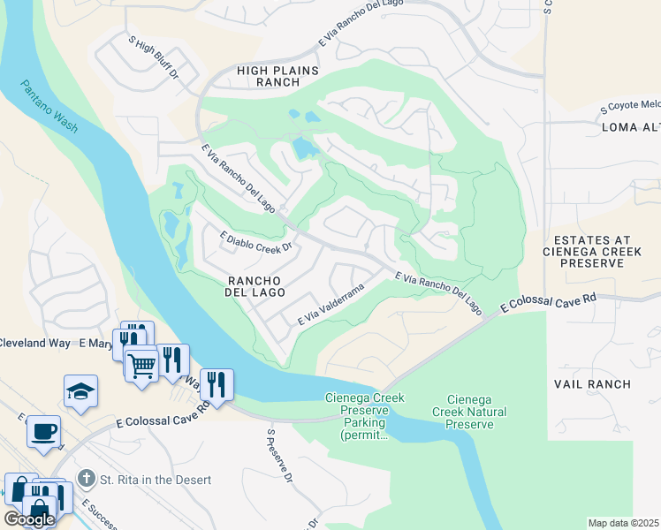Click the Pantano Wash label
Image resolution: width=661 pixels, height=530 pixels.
click(50, 104)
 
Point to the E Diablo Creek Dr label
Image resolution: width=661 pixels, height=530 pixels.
click(247, 242)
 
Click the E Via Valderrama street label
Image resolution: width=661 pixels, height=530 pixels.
click(330, 304)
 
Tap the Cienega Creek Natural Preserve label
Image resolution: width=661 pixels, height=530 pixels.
click(465, 413)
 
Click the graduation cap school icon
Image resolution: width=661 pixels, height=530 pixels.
click(80, 390)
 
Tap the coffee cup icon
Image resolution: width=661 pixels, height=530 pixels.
click(43, 431)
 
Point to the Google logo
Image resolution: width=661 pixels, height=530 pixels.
click(29, 519)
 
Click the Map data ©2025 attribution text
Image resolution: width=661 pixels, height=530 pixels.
click(624, 523)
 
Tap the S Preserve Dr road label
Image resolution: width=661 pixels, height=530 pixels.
click(278, 457)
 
